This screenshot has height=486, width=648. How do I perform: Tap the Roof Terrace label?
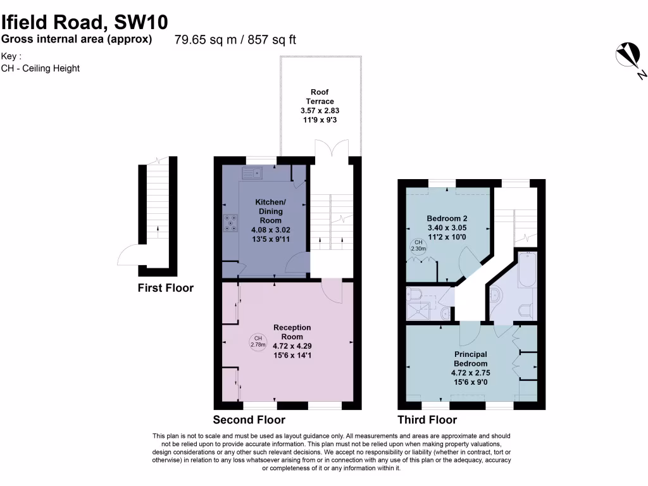[x=320, y=97]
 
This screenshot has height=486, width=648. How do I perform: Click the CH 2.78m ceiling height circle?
[x=257, y=342]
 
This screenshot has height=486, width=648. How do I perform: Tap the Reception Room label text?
[x=292, y=332]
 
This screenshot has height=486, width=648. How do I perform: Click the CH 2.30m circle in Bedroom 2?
[x=418, y=246]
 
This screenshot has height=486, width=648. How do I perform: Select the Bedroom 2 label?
[x=447, y=218]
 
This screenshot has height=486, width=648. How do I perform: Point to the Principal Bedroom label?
[x=470, y=359]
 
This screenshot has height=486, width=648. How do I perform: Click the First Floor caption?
[x=165, y=289]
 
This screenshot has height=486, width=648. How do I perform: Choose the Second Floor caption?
[x=249, y=420]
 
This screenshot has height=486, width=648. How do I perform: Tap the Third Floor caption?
[x=427, y=420]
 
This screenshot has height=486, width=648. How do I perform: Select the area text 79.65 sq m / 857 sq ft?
[x=235, y=40]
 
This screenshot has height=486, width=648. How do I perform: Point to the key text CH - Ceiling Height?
[x=40, y=68]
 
